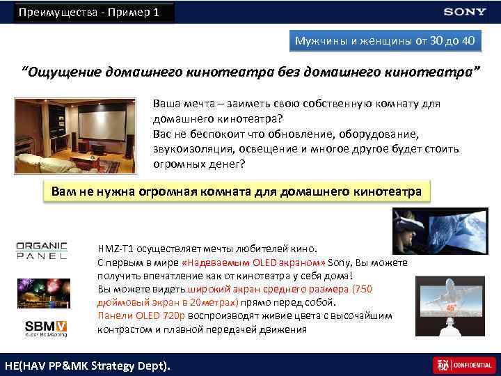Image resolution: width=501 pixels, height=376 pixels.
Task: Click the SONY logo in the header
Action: tap(465, 12)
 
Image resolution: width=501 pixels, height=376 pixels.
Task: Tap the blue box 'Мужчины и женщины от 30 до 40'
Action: tap(385, 41)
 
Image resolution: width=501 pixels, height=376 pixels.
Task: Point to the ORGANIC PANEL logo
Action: tap(42, 251)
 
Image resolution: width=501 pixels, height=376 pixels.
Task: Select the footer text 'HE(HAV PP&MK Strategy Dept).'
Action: tap(87, 365)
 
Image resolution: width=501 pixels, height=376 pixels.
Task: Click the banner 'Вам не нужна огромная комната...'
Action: tap(237, 191)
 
